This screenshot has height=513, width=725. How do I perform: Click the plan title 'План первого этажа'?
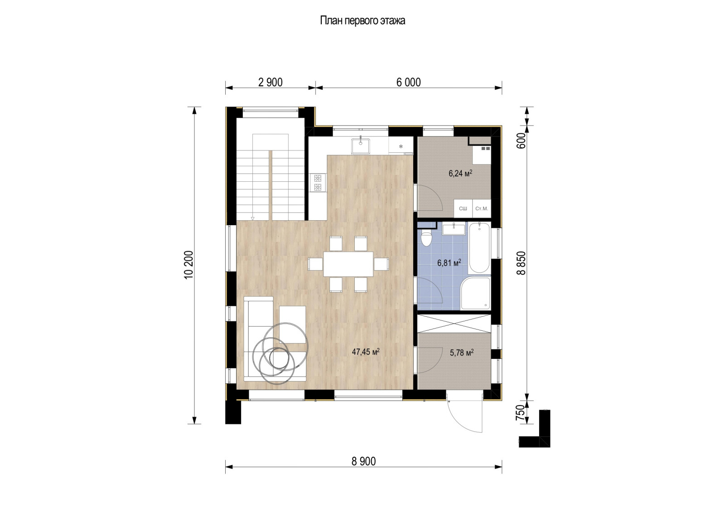point(362,21)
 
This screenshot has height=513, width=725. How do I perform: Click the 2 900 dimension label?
point(270,82)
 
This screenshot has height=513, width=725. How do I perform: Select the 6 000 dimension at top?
point(408,82)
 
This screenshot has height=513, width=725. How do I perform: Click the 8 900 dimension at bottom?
point(363,461)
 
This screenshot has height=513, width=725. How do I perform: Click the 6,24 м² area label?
point(460,173)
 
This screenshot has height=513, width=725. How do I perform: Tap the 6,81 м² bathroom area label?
point(449,262)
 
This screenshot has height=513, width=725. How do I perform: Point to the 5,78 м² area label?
point(462,352)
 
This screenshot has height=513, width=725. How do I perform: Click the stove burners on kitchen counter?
point(318,182)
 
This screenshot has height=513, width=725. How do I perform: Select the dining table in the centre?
point(348,264)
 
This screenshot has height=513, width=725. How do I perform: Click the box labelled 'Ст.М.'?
point(481,208)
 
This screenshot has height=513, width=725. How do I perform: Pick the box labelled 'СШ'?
point(463,208)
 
